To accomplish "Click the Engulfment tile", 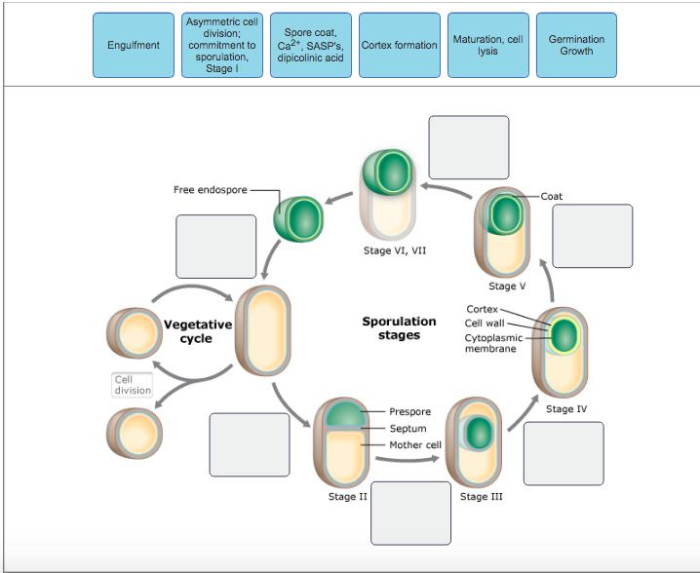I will (133, 46).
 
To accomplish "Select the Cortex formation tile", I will (399, 46).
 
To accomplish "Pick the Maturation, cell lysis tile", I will (487, 46).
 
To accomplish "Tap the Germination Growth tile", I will (576, 46).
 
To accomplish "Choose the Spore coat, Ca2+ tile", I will (310, 46).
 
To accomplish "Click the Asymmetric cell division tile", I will (221, 46).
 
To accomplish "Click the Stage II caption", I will (348, 497).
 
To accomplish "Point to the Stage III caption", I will (481, 497).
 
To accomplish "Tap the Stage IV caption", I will (560, 409).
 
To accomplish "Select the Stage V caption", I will (507, 286).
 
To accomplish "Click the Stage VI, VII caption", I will (395, 250).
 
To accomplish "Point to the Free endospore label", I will (211, 190).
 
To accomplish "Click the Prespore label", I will (409, 412).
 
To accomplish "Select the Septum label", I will (408, 429).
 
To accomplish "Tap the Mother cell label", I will (415, 445).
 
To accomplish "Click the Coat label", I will (552, 196).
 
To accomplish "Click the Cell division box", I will (133, 385).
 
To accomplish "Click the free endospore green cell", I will (298, 216).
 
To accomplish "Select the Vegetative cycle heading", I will (198, 331).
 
